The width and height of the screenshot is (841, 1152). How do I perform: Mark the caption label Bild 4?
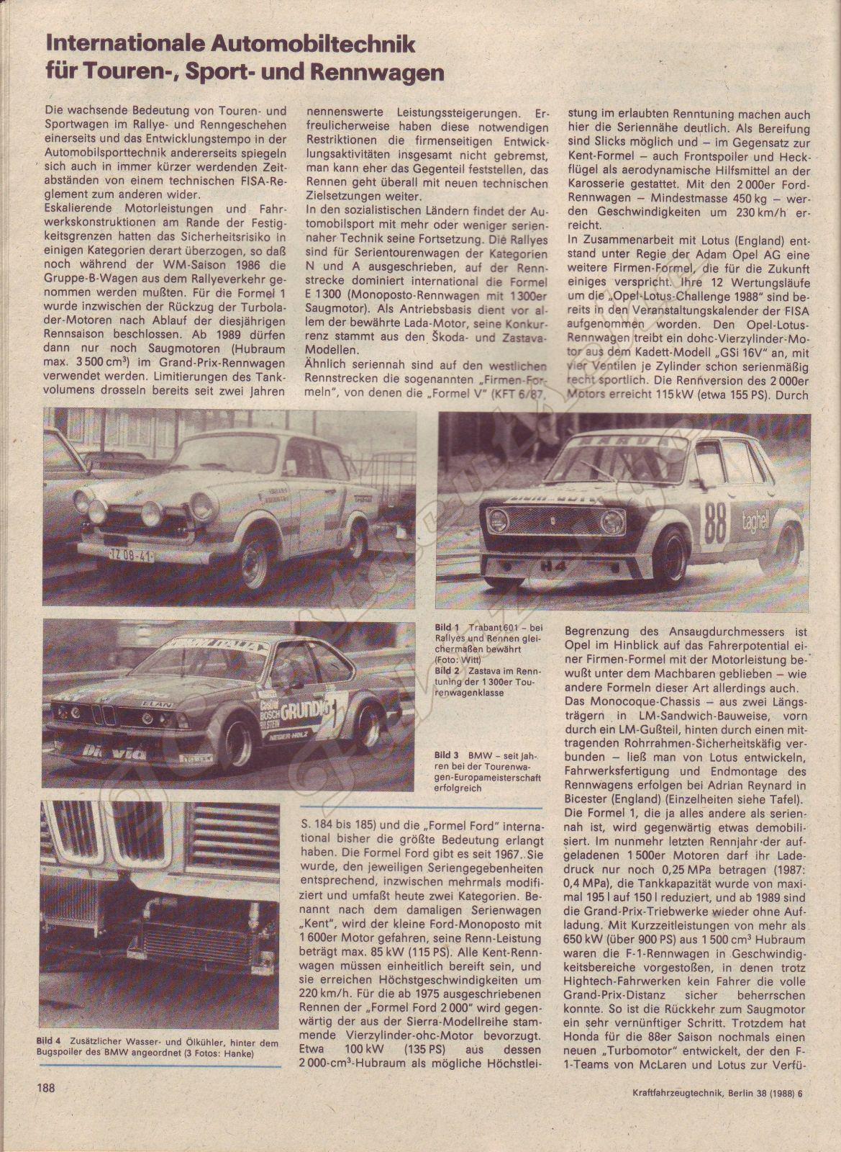click(47, 1041)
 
